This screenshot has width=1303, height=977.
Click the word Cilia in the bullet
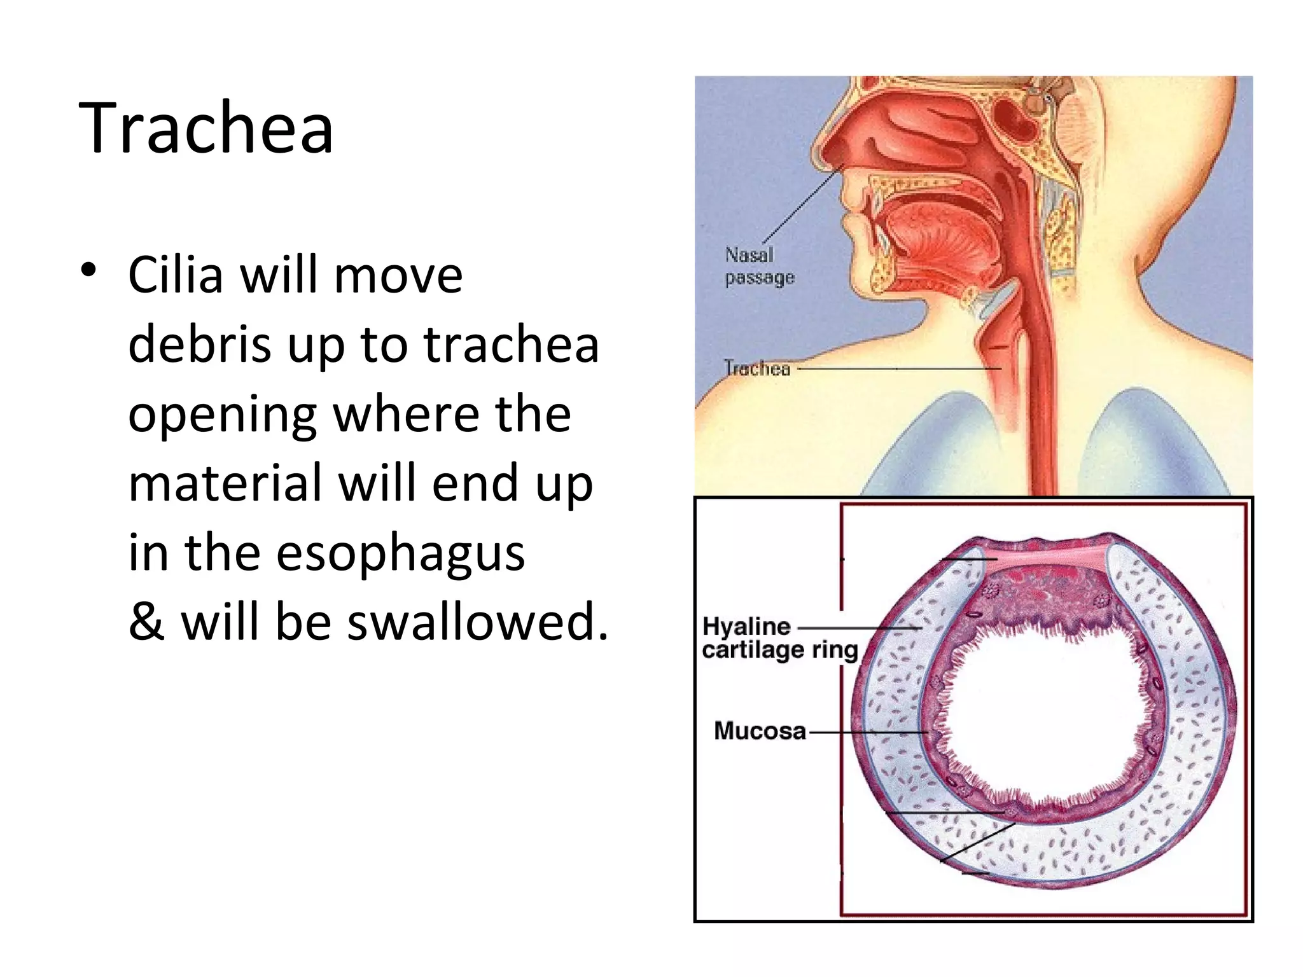click(x=176, y=276)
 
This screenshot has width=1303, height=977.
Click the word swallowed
click(x=477, y=621)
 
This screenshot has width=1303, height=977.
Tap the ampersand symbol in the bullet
click(x=147, y=621)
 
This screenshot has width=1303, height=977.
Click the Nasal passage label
click(x=759, y=267)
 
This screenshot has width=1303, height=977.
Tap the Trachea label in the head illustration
click(x=757, y=368)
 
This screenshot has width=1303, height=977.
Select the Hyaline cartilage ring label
click(x=779, y=638)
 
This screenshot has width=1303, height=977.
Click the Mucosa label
click(x=760, y=731)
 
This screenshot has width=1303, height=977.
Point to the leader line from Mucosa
click(x=865, y=732)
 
